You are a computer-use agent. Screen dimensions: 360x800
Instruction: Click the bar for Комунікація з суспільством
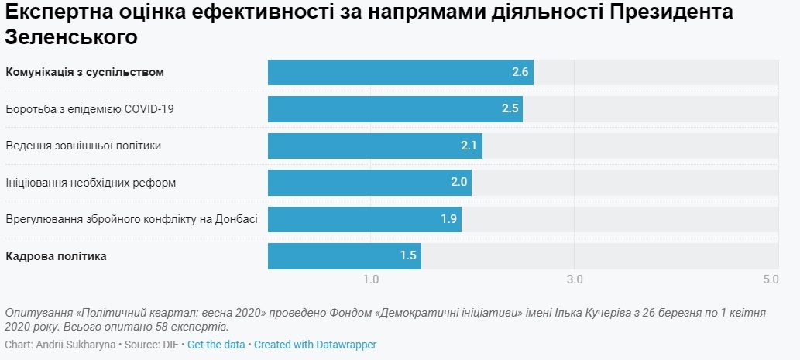tap(400, 72)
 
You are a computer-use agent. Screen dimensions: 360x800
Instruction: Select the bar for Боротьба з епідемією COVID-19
tap(395, 109)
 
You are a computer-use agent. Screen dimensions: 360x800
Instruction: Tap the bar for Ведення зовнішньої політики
tap(375, 146)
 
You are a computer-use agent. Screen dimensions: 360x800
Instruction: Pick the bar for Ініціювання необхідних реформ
tap(369, 183)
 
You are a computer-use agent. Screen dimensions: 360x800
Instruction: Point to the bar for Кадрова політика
tap(344, 256)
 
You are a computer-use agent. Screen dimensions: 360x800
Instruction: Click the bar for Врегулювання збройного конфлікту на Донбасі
tap(364, 219)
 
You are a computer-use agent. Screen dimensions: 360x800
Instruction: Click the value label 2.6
tap(520, 72)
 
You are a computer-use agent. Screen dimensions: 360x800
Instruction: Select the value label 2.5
tap(510, 109)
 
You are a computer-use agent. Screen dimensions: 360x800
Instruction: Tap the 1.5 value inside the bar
tap(408, 256)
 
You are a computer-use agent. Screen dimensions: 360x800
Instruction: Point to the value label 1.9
tap(448, 219)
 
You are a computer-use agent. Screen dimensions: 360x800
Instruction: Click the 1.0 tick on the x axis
tap(370, 279)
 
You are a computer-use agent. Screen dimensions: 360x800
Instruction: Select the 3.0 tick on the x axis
tap(574, 279)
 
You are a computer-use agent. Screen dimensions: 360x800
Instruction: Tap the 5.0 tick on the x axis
tap(770, 279)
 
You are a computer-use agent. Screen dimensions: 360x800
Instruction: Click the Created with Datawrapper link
tap(315, 345)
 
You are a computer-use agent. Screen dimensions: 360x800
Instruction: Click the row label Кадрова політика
tap(56, 256)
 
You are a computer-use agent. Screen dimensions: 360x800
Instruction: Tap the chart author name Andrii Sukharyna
tap(75, 345)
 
